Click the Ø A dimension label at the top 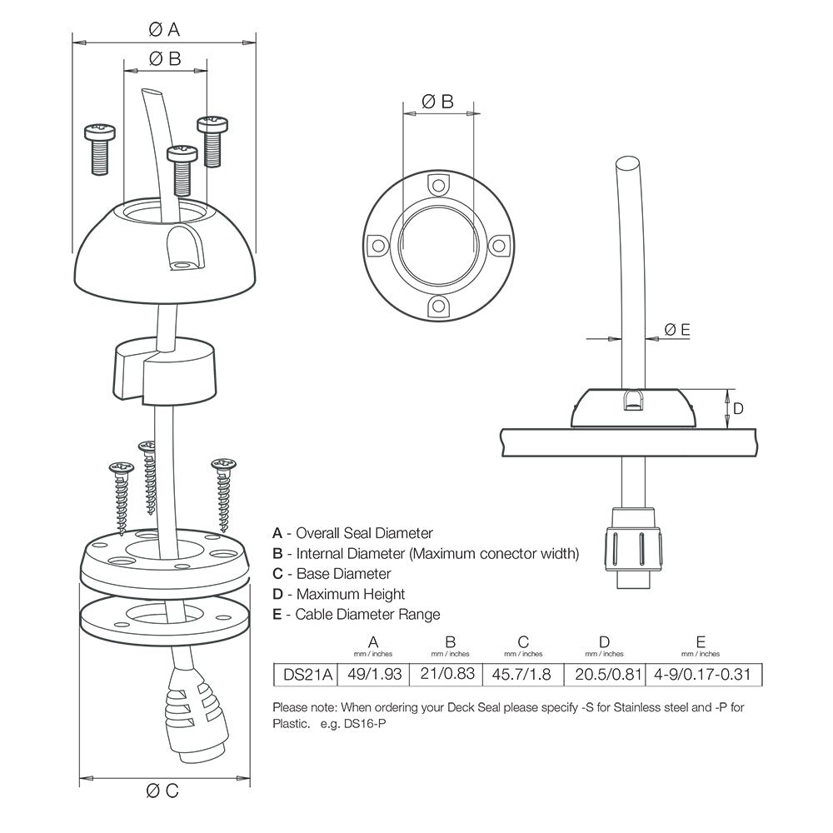[164, 30]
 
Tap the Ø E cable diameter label [677, 330]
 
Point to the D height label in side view [738, 408]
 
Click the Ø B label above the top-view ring [437, 102]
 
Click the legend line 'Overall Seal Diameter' [352, 533]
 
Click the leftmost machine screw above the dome [99, 149]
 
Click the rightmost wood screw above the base [223, 492]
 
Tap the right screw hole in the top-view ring [497, 246]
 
